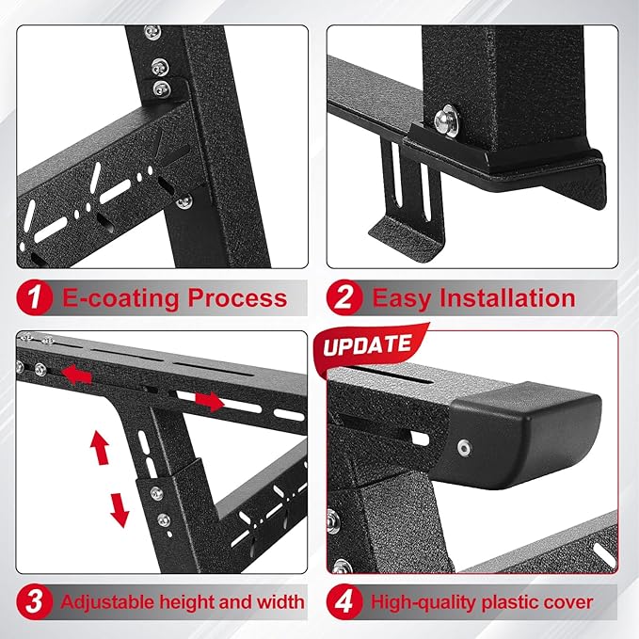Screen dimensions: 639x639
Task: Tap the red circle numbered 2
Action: click(x=345, y=298)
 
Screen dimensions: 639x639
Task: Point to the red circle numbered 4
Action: click(x=345, y=601)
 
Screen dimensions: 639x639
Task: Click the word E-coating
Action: click(x=118, y=299)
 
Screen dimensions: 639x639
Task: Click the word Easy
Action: click(x=402, y=299)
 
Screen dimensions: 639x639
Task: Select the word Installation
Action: click(x=508, y=299)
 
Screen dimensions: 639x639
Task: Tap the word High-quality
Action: click(x=422, y=601)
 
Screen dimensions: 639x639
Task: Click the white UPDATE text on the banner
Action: click(x=368, y=345)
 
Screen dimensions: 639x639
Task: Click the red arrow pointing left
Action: click(x=77, y=375)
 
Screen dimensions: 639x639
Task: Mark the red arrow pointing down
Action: click(x=120, y=508)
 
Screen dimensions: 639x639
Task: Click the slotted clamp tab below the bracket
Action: click(x=406, y=202)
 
